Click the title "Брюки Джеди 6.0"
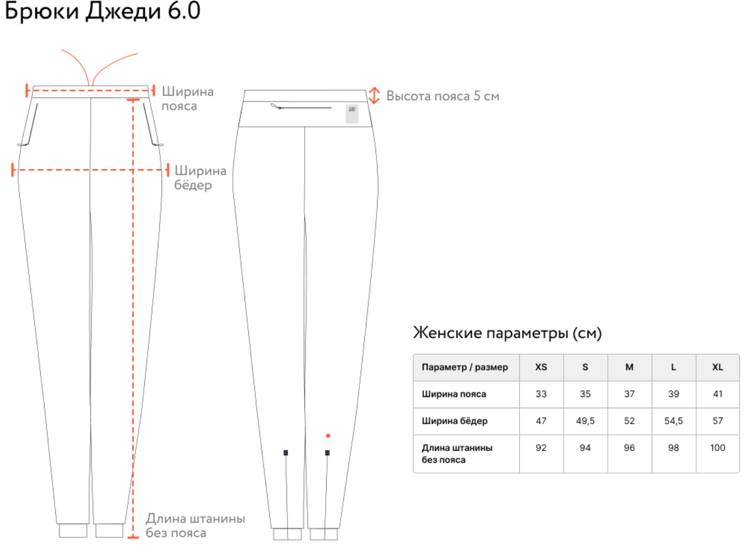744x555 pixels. (x=102, y=11)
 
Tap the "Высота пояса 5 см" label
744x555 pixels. (x=443, y=96)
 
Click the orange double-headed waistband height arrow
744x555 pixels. (x=374, y=95)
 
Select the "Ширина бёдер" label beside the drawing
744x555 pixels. (x=200, y=178)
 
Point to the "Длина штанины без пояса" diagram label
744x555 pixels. (x=195, y=526)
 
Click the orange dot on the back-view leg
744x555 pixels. (x=328, y=436)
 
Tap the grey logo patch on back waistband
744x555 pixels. (x=352, y=114)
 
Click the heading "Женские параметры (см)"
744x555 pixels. (x=507, y=333)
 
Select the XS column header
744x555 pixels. (x=541, y=367)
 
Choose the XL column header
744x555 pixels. (x=718, y=367)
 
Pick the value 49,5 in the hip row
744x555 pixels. (x=585, y=421)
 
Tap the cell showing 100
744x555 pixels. (x=718, y=448)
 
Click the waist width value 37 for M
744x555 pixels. (x=629, y=394)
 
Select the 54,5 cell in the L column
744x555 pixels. (x=674, y=421)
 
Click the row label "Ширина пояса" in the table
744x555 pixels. (x=454, y=394)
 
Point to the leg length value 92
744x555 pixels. (x=541, y=448)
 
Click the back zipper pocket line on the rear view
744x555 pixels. (x=300, y=107)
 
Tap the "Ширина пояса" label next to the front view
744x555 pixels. (x=187, y=99)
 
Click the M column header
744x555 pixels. (x=629, y=367)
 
